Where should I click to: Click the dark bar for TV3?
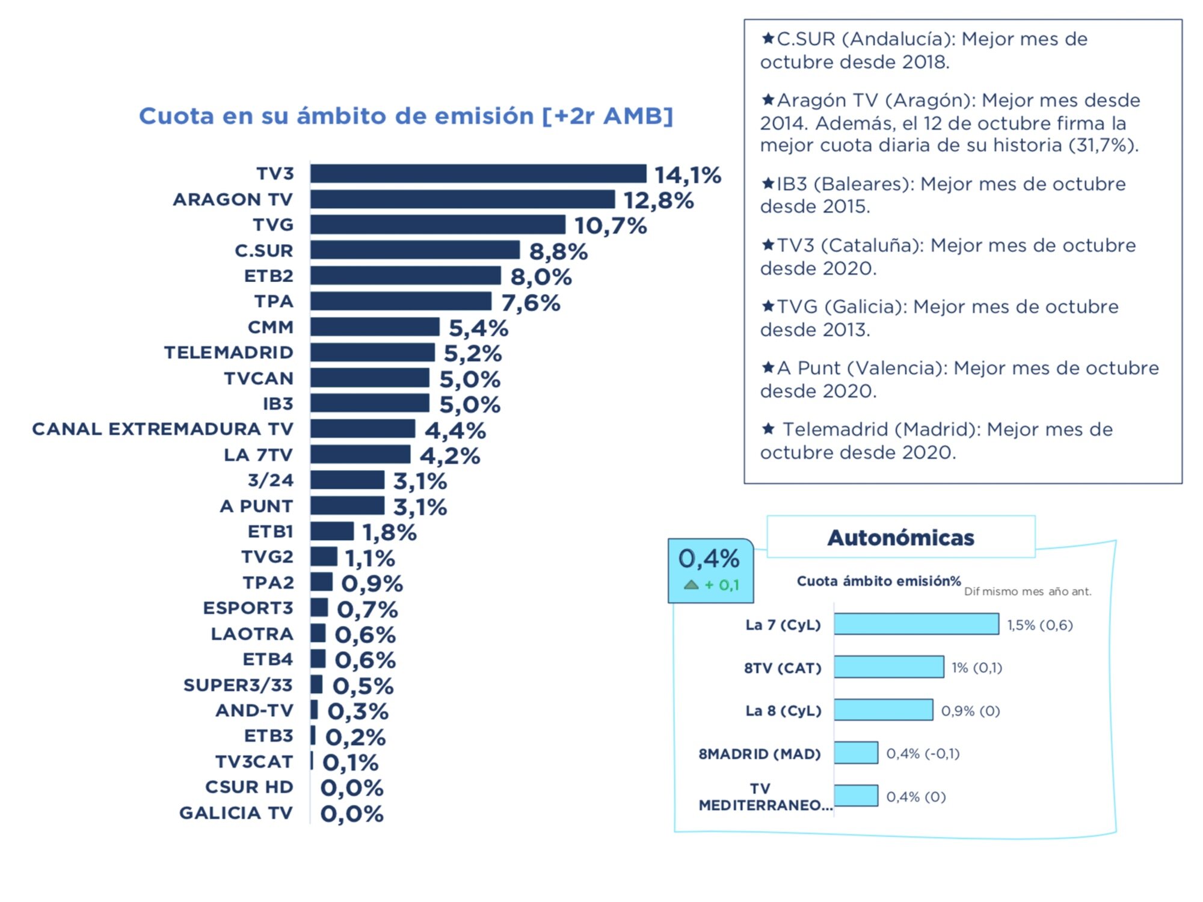pyautogui.click(x=478, y=174)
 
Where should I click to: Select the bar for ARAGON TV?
pyautogui.click(x=463, y=199)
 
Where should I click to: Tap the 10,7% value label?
pyautogui.click(x=610, y=226)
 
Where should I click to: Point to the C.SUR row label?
pyautogui.click(x=263, y=250)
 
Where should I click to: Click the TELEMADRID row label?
pyautogui.click(x=229, y=352)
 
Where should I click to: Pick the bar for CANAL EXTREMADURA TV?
pyautogui.click(x=363, y=429)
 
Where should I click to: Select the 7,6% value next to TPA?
pyautogui.click(x=531, y=303)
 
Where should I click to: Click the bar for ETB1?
pyautogui.click(x=332, y=532)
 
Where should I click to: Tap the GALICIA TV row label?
pyautogui.click(x=236, y=813)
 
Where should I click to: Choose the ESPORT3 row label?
pyautogui.click(x=248, y=608)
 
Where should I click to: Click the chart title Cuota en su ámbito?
pyautogui.click(x=406, y=116)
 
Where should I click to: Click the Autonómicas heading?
pyautogui.click(x=900, y=538)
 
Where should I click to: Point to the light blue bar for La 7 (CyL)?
pyautogui.click(x=916, y=624)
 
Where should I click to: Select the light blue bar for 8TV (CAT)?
pyautogui.click(x=888, y=667)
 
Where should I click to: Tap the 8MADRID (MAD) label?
pyautogui.click(x=759, y=753)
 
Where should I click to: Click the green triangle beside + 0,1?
pyautogui.click(x=691, y=584)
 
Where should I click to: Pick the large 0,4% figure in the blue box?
pyautogui.click(x=709, y=559)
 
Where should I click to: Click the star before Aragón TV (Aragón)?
pyautogui.click(x=768, y=99)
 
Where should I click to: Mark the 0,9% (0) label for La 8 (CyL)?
pyautogui.click(x=970, y=711)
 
